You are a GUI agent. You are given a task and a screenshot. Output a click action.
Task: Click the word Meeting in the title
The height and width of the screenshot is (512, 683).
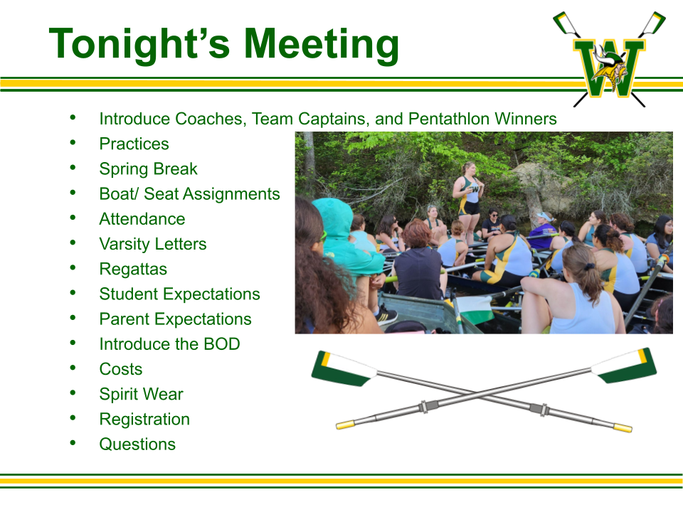[x=321, y=43]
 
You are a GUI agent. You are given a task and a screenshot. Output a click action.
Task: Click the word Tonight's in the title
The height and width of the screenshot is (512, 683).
[x=139, y=43]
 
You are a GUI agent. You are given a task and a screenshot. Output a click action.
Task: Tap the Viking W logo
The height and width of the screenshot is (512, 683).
[x=610, y=59]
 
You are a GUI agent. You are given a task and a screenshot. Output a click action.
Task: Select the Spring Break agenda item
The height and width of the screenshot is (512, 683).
[x=148, y=169]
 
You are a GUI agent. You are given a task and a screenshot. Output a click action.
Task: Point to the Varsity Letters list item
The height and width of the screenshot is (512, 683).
[x=153, y=244]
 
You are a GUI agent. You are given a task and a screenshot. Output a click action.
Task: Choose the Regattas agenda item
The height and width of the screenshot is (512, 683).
[x=133, y=270]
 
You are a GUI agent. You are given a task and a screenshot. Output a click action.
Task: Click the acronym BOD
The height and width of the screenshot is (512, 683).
[x=222, y=344]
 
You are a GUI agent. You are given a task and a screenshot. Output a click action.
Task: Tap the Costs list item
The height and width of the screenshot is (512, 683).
[x=121, y=369]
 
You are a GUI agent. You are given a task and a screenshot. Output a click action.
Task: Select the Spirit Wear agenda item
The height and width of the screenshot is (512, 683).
[x=141, y=395]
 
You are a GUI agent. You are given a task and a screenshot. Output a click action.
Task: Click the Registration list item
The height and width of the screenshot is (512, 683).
[x=144, y=420]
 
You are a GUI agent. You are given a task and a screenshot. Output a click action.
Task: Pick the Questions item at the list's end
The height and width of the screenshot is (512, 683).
[x=137, y=444]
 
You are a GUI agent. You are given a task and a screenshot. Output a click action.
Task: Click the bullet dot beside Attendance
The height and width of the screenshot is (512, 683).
[x=73, y=217]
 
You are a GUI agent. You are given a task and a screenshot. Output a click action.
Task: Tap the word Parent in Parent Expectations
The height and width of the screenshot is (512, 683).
[x=126, y=319]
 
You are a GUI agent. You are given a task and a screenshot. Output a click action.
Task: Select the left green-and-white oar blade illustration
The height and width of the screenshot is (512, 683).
[x=344, y=369]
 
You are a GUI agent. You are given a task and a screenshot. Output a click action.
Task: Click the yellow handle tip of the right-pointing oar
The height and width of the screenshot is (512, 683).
[x=623, y=427]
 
